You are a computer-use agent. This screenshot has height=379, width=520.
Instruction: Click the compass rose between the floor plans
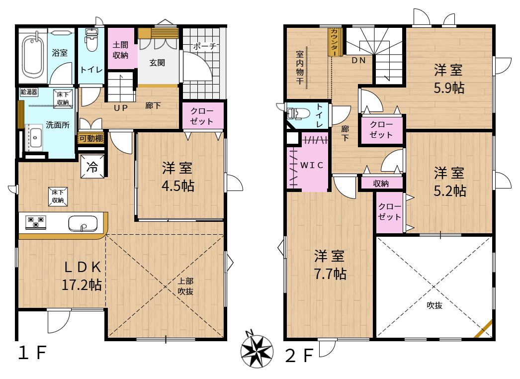[x=257, y=351]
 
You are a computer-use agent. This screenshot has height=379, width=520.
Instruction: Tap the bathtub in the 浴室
[x=33, y=55]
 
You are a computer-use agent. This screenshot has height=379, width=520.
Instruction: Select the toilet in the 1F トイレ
[x=91, y=40]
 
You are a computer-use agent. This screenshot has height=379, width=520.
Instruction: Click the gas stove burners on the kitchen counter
[x=36, y=223]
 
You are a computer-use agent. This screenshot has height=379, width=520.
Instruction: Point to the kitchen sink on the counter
[x=83, y=224]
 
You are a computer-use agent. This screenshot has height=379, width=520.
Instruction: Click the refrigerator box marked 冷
[x=92, y=167]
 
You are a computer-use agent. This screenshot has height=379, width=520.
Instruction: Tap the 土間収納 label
[x=120, y=50]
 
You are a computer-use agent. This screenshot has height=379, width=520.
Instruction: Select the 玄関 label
[x=157, y=62]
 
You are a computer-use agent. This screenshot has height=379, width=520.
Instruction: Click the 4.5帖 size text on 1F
[x=178, y=186]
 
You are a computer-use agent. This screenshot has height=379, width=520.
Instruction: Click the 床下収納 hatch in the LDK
[x=58, y=196]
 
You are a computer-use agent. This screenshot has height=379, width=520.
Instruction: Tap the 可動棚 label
[x=91, y=138]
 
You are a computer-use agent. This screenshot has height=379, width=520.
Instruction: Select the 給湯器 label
[x=29, y=92]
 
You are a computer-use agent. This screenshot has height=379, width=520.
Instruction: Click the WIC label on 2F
[x=312, y=165]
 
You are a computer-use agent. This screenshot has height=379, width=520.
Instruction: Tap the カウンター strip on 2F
[x=334, y=42]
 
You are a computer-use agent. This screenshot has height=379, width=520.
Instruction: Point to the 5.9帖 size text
[x=449, y=88]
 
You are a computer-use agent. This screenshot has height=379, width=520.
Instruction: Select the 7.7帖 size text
[x=330, y=274]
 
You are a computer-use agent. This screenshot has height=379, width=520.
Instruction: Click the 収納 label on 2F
[x=381, y=184]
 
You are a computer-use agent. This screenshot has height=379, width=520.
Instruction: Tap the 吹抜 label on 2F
[x=434, y=305]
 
